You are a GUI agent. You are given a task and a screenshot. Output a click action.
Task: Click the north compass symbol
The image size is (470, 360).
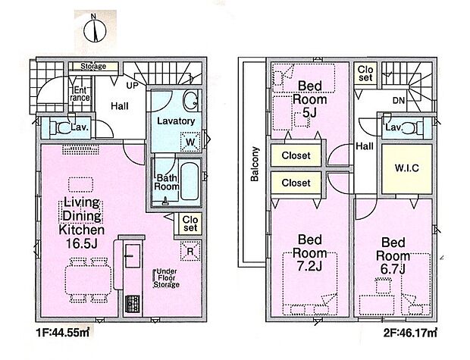click(95, 30)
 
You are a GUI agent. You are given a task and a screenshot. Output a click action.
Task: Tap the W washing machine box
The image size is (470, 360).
click(190, 142)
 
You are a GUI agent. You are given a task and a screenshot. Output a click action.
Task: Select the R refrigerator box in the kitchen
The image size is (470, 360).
click(190, 251)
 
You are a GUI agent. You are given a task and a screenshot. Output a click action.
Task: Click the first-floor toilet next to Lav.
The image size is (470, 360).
click(59, 128)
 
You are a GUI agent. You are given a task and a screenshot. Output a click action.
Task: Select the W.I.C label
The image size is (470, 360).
click(406, 168)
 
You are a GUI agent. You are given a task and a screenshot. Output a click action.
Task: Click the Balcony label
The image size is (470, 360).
click(255, 164)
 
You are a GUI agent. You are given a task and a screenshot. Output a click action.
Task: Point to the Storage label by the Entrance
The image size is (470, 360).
click(93, 66)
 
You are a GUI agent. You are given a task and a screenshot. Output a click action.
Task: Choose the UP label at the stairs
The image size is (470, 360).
click(132, 86)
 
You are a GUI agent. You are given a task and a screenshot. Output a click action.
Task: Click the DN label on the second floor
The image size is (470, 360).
click(399, 101)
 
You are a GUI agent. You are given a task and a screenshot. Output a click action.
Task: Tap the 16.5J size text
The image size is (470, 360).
click(82, 243)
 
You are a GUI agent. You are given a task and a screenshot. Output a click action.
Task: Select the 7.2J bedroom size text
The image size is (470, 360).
click(309, 266)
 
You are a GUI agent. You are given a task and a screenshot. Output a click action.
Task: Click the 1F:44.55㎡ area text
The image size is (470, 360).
click(62, 333)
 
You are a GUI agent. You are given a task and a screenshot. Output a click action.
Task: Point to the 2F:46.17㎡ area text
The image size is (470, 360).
click(410, 333)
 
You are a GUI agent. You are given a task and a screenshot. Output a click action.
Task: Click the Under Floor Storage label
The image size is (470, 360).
click(166, 278)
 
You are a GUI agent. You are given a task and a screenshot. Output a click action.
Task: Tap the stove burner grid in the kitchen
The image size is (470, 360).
click(132, 303)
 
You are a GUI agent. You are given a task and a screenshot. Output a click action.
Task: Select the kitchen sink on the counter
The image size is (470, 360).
click(132, 255)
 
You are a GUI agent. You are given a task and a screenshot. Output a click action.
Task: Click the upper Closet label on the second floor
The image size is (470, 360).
click(296, 155)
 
